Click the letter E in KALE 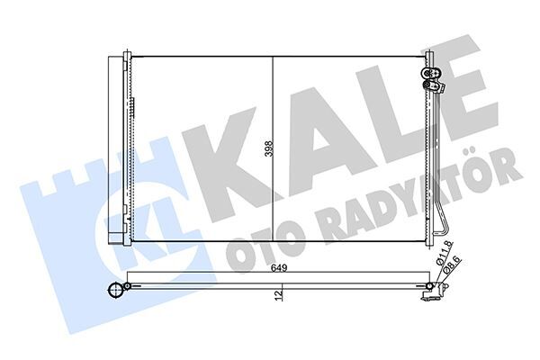[450, 85]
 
